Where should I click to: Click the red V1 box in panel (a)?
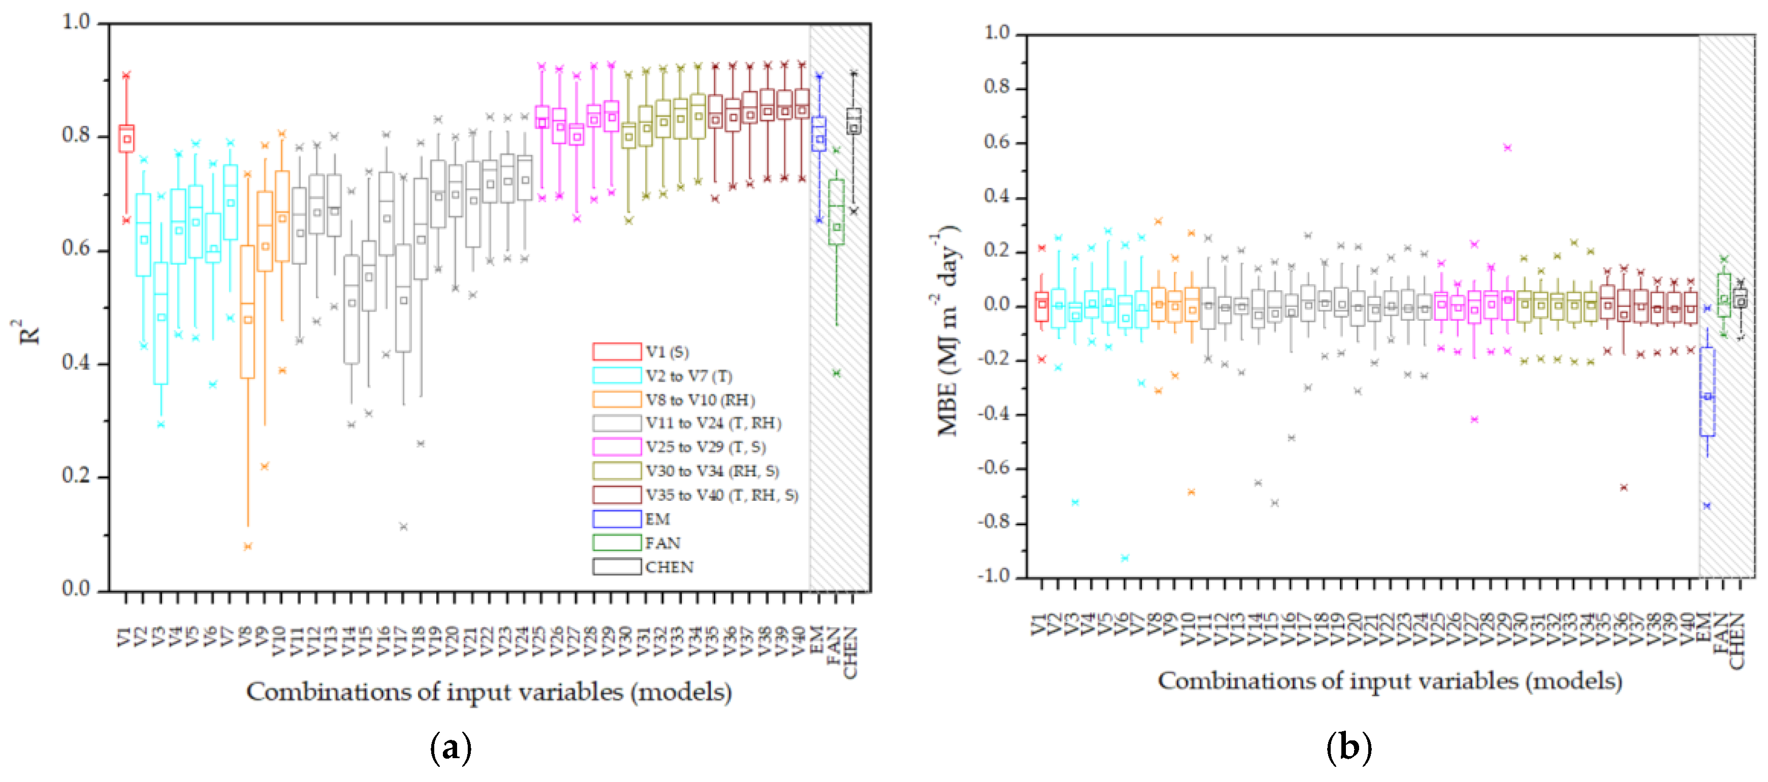tap(126, 138)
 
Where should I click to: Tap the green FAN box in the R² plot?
tap(836, 212)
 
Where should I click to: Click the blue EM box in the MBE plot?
tap(1707, 391)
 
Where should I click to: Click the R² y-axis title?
tap(29, 332)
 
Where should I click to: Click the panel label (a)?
tap(450, 747)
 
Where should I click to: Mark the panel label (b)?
tap(1348, 747)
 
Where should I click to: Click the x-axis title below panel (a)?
tap(489, 691)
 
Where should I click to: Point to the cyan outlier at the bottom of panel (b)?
tap(1125, 558)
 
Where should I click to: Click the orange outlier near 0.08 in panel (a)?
tap(248, 547)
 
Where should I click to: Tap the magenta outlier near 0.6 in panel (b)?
tap(1507, 148)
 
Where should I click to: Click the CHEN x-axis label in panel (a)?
tap(851, 652)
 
